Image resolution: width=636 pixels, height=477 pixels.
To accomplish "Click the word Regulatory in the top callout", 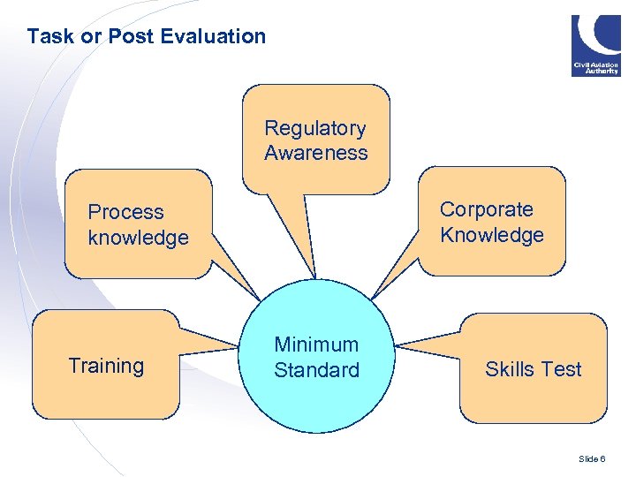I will coord(314,128).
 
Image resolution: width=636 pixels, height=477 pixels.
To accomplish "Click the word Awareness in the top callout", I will coord(315,153).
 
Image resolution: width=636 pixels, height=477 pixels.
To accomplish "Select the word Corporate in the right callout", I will coord(486,209).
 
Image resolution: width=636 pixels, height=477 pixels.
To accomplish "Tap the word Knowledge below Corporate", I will coord(491,235).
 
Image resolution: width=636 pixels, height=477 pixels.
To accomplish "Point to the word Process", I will coord(125,212).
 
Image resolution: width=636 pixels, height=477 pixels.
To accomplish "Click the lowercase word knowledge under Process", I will coord(138,238).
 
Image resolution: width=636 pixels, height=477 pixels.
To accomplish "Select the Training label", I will coord(106,366).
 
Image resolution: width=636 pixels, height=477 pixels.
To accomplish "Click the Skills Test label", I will coord(533,369).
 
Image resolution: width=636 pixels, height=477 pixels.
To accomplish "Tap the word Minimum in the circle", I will coord(316,344).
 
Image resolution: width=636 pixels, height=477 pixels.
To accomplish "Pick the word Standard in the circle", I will coord(316,370).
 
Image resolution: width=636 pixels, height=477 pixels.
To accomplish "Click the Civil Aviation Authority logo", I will coord(595,45).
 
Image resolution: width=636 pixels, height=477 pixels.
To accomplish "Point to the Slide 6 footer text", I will coord(591,459).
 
